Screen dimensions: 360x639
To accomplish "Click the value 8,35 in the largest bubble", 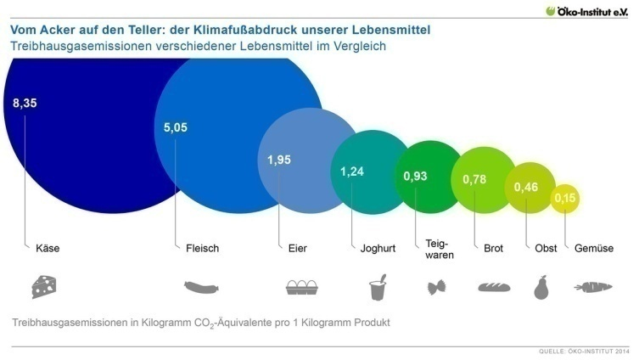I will pos(25,104).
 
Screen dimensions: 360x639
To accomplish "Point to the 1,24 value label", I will pos(351,172).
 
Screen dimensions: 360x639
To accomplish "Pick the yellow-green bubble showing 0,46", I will pos(530,186).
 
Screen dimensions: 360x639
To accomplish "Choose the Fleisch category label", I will pos(202,249).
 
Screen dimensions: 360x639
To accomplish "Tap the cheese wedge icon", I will pos(43,287).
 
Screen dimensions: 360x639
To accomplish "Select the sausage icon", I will pos(203,287).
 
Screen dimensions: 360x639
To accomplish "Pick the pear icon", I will pos(541,287).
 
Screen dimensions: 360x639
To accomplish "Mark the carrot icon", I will pos(593,287).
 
